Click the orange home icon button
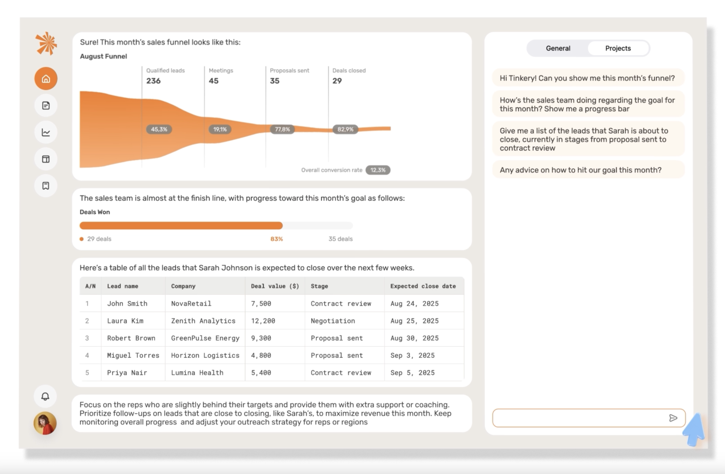pyautogui.click(x=46, y=79)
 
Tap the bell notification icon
pyautogui.click(x=45, y=396)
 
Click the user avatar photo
pyautogui.click(x=45, y=423)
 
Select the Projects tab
pyautogui.click(x=618, y=48)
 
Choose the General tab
pyautogui.click(x=558, y=48)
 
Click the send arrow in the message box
pyautogui.click(x=673, y=418)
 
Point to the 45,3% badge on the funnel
pyautogui.click(x=159, y=129)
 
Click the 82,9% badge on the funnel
pyautogui.click(x=345, y=129)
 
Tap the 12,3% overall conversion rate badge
pyautogui.click(x=378, y=170)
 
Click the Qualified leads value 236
pyautogui.click(x=153, y=81)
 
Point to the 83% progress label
pyautogui.click(x=276, y=239)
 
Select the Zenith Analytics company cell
pyautogui.click(x=203, y=321)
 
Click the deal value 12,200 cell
pyautogui.click(x=263, y=321)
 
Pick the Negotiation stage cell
pyautogui.click(x=333, y=321)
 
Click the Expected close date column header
pyautogui.click(x=423, y=286)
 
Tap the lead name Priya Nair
pyautogui.click(x=127, y=373)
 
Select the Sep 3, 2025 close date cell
pyautogui.click(x=412, y=355)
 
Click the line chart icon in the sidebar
pyautogui.click(x=46, y=132)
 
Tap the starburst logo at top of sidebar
pyautogui.click(x=46, y=44)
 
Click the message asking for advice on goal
pyautogui.click(x=580, y=170)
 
